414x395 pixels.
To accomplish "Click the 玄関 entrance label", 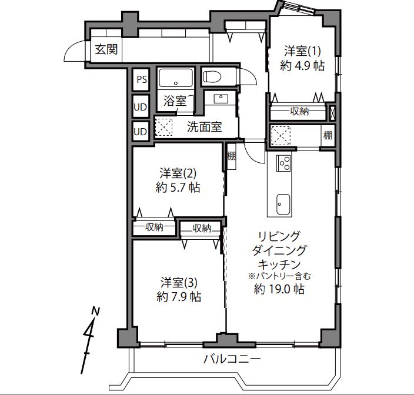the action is (x=106, y=49).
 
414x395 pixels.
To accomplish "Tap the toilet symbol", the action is (x=212, y=77).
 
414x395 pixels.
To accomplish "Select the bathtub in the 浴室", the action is (x=176, y=78).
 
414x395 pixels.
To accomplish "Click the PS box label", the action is (x=142, y=79).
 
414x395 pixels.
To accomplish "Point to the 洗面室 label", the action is (x=205, y=127).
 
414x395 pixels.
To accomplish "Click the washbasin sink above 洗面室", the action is (x=221, y=99).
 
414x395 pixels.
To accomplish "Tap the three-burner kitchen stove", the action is (x=283, y=163).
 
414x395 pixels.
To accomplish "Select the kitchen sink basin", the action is (x=283, y=204).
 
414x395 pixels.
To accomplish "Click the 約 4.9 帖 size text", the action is (x=302, y=65).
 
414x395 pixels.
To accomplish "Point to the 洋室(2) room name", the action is (x=178, y=173).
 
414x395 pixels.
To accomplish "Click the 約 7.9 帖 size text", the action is (x=179, y=297).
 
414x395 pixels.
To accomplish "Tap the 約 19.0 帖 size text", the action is (x=279, y=289).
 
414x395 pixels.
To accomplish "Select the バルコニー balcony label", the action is (x=232, y=359).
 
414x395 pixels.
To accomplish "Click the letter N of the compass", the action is (x=95, y=312).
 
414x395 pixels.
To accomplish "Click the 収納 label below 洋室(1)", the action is (x=299, y=111).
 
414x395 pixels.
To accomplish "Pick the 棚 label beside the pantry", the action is (x=328, y=135).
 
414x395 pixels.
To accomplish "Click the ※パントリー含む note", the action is (x=279, y=276).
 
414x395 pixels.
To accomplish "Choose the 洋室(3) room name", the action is (x=179, y=283).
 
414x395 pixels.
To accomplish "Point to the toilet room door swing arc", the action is (x=251, y=74).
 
